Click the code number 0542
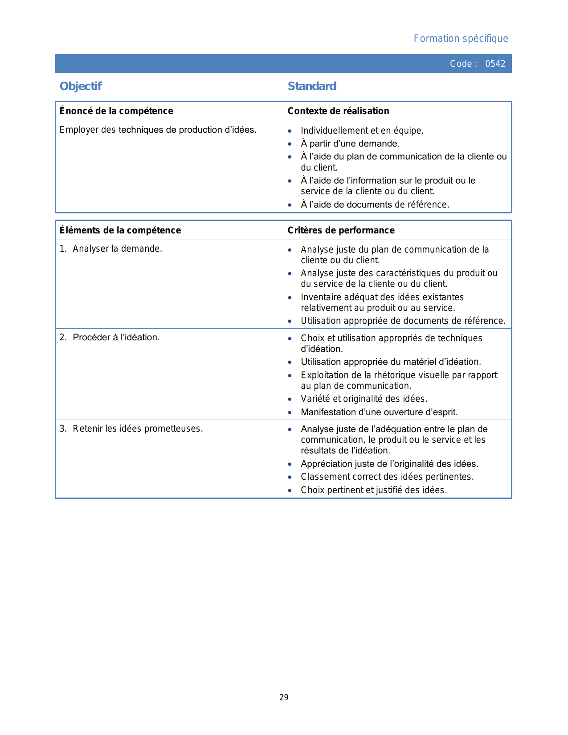(x=495, y=64)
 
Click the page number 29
(x=284, y=698)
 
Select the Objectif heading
(x=81, y=86)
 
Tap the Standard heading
(x=312, y=86)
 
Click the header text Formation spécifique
(x=461, y=39)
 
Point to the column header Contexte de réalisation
(x=338, y=111)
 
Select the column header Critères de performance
(x=341, y=230)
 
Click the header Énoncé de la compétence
(x=116, y=111)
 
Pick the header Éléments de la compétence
(x=120, y=230)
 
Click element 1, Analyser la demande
(x=117, y=249)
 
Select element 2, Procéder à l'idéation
(x=116, y=337)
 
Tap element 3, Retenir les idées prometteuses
(x=137, y=429)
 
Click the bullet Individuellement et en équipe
(x=362, y=131)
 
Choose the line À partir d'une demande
(x=350, y=143)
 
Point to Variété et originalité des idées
(x=364, y=399)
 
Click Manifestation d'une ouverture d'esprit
(x=379, y=412)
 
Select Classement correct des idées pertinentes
(x=387, y=477)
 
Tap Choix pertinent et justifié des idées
(x=373, y=490)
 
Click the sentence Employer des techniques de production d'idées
(x=158, y=130)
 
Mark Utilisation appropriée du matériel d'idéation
(x=391, y=362)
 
